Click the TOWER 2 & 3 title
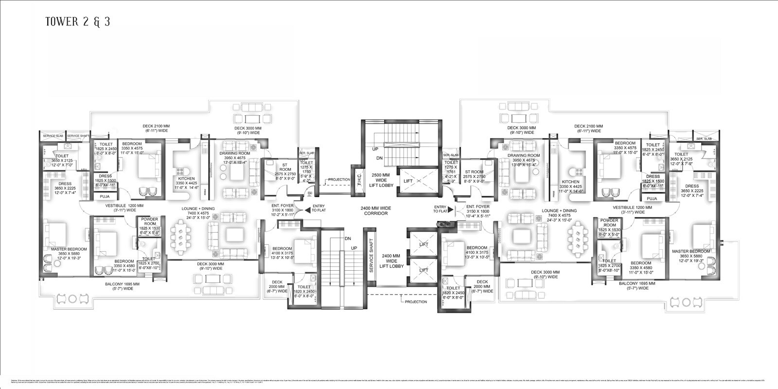[x=77, y=22]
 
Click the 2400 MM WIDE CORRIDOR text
[x=376, y=211]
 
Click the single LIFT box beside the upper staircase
[x=408, y=181]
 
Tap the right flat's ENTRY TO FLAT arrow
[x=451, y=209]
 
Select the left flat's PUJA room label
[x=105, y=196]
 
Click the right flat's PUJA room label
[x=652, y=198]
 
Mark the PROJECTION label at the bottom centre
[x=416, y=302]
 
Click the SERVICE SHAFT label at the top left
[x=78, y=136]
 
